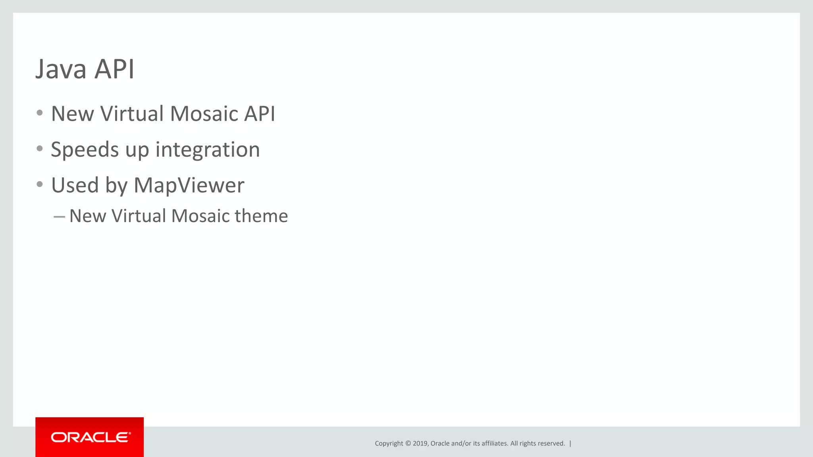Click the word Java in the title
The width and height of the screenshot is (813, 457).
pos(61,69)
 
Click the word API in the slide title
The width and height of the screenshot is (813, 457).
pos(114,69)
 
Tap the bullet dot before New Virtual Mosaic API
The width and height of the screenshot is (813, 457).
pos(39,113)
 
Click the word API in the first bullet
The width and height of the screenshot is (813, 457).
pos(259,114)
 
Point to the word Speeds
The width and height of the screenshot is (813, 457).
pos(85,150)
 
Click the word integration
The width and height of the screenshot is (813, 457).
pos(207,150)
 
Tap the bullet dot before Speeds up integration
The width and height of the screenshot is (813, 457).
pos(39,149)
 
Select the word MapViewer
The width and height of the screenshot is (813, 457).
pos(189,185)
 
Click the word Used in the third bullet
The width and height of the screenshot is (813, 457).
pos(75,185)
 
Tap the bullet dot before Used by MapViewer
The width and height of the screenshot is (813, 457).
pos(39,184)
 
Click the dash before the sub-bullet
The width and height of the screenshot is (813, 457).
pos(59,217)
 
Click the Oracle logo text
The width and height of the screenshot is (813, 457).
pos(90,437)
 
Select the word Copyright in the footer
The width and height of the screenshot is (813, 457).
pos(389,444)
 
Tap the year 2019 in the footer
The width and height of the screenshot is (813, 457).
pos(420,444)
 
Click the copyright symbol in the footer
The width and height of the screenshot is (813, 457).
pos(408,444)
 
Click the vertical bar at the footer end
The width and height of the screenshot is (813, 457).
pos(570,444)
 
